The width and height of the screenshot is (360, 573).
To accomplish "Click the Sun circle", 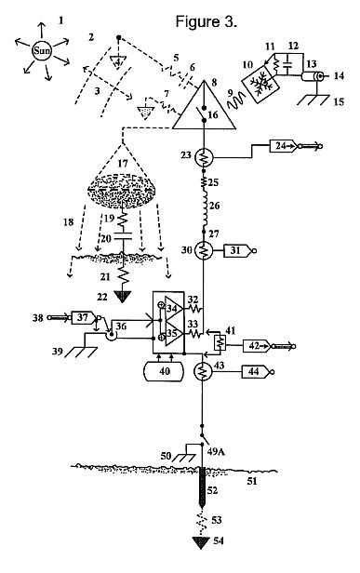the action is click(x=42, y=50).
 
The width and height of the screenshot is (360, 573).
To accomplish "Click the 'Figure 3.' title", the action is click(x=207, y=21).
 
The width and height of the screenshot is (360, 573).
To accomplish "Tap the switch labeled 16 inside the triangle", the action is click(x=205, y=113).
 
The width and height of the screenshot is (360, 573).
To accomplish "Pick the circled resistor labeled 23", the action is click(x=204, y=158).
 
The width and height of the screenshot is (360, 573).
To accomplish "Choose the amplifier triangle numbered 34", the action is click(x=174, y=308).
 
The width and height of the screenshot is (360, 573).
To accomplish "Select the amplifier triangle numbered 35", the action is click(x=174, y=334).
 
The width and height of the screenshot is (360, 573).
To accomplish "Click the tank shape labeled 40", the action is click(x=164, y=371).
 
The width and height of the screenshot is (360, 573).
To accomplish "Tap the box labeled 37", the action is click(x=85, y=317).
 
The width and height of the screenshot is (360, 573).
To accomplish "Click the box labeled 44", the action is click(x=256, y=372).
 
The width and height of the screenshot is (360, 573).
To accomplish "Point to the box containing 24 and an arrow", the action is click(x=284, y=146).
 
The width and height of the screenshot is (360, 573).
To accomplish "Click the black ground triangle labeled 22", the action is click(x=123, y=296).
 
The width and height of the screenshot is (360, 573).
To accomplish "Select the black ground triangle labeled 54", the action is click(x=201, y=543).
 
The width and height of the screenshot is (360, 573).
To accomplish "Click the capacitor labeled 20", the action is click(x=123, y=237).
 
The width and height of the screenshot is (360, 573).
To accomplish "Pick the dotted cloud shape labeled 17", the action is click(x=122, y=191).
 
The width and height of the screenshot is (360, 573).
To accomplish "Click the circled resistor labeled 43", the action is click(x=203, y=372).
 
